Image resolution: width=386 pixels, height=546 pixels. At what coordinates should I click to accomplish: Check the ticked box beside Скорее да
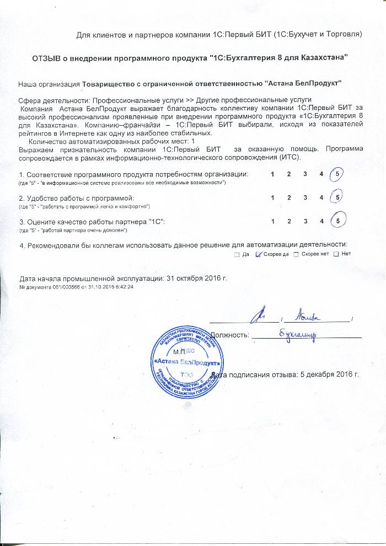click(259, 254)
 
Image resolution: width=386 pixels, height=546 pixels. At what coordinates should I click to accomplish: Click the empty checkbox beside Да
click(237, 254)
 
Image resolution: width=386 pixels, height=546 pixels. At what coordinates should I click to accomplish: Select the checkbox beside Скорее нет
click(296, 254)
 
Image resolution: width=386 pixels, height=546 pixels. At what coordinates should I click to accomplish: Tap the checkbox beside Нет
click(336, 254)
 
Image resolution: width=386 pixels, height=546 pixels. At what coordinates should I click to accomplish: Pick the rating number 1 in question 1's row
click(274, 175)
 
